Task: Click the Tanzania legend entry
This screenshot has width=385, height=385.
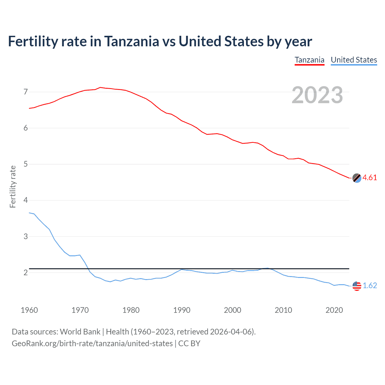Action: coord(310,60)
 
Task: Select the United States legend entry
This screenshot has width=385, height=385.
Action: coord(354,60)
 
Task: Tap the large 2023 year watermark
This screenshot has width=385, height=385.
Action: coord(317,95)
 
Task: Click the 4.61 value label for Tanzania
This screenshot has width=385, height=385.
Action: coord(370,178)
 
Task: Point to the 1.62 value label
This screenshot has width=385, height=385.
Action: coord(370,285)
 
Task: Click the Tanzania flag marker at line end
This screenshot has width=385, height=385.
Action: coord(357,178)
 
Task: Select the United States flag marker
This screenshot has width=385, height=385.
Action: coord(357,286)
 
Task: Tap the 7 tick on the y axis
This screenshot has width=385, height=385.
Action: coord(26,92)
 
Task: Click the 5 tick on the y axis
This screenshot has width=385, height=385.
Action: coord(26,164)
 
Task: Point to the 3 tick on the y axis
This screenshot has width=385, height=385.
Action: coord(26,236)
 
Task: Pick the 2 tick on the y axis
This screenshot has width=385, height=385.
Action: coord(26,273)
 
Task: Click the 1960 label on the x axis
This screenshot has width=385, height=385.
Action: coord(29,310)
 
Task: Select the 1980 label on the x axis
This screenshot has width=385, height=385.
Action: coord(131,310)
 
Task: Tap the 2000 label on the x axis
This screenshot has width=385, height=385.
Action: coord(233,310)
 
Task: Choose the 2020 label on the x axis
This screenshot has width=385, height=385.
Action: coord(334,310)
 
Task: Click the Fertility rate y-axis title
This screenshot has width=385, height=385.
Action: coord(13,186)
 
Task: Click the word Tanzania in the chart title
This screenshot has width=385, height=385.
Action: coord(131,42)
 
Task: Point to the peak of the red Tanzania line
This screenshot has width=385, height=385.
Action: coord(100,88)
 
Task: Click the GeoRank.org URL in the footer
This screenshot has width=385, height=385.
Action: coord(92,343)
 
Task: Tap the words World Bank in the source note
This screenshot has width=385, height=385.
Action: coord(80,332)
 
